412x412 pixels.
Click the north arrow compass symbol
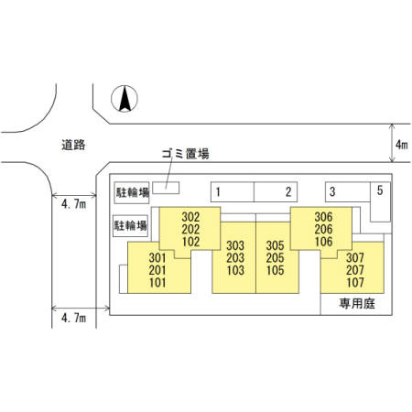(125, 99)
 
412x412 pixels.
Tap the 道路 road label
(73, 145)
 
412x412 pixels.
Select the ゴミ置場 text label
(185, 154)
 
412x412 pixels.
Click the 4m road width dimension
(402, 145)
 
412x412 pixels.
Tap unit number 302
(190, 217)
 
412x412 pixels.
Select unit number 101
(157, 282)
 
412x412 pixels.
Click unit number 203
(235, 258)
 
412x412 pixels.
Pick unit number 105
(276, 270)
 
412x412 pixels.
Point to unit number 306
(323, 217)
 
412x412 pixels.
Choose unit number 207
(355, 270)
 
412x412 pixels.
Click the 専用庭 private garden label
(357, 304)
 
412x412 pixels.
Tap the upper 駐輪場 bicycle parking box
(132, 193)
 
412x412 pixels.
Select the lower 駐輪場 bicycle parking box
(130, 226)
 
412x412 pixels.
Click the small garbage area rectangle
(166, 188)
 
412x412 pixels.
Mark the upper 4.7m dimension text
(73, 204)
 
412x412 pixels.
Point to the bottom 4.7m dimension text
(73, 318)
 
